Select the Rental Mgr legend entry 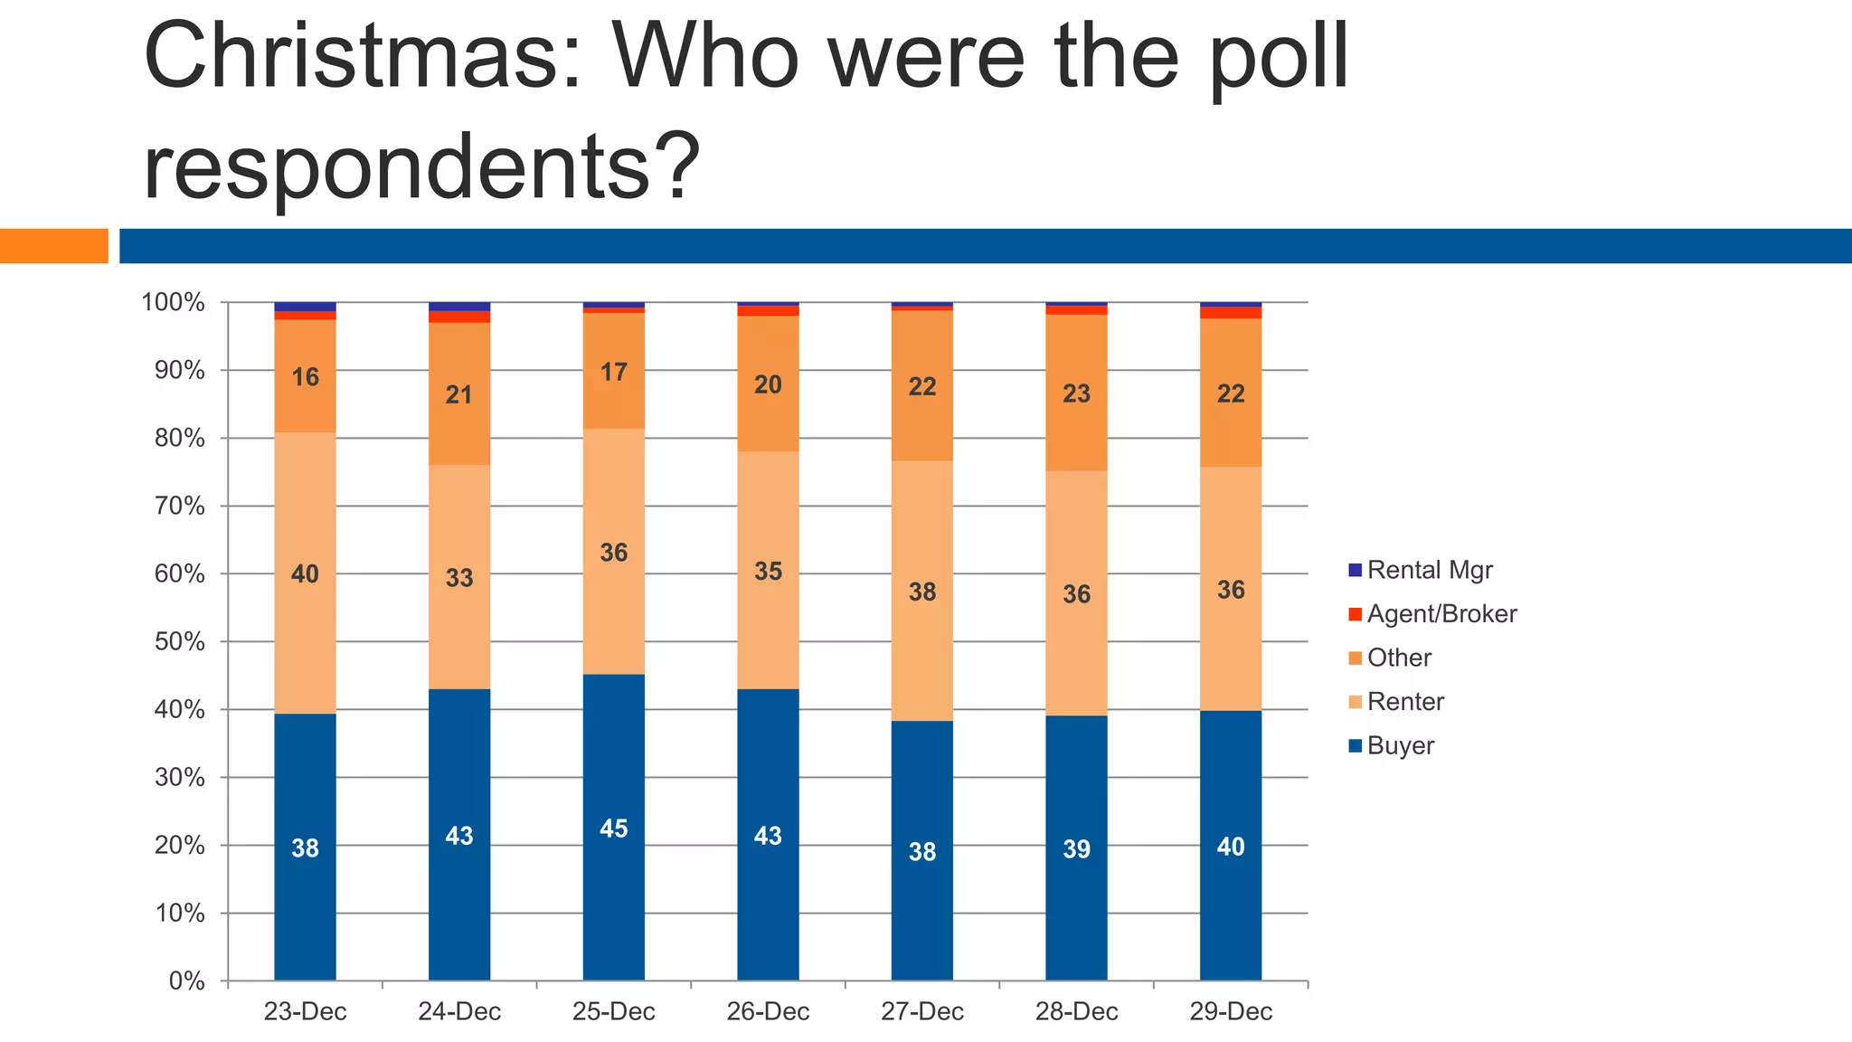pyautogui.click(x=1429, y=571)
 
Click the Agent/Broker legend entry pyautogui.click(x=1441, y=614)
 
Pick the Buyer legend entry pyautogui.click(x=1400, y=746)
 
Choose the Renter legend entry pyautogui.click(x=1405, y=702)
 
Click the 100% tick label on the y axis pyautogui.click(x=174, y=303)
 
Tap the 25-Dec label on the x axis pyautogui.click(x=613, y=1011)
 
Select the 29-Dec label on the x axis pyautogui.click(x=1230, y=1011)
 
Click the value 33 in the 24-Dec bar pyautogui.click(x=459, y=578)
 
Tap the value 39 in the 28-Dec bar pyautogui.click(x=1076, y=849)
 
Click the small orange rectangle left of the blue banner pyautogui.click(x=53, y=246)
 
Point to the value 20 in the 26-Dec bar pyautogui.click(x=768, y=385)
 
